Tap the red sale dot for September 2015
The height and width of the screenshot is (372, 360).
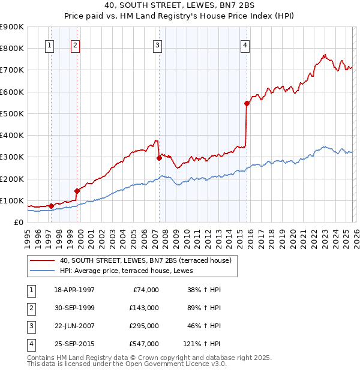pyautogui.click(x=247, y=103)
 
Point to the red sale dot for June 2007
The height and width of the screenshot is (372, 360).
pyautogui.click(x=159, y=158)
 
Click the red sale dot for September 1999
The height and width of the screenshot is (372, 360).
pyautogui.click(x=77, y=191)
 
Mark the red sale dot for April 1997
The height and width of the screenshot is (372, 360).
pyautogui.click(x=51, y=206)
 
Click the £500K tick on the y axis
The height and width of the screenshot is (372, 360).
pyautogui.click(x=12, y=113)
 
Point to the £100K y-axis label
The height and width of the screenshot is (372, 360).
pyautogui.click(x=12, y=200)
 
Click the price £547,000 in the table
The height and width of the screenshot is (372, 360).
pyautogui.click(x=144, y=344)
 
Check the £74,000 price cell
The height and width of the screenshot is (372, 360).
pyautogui.click(x=146, y=290)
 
